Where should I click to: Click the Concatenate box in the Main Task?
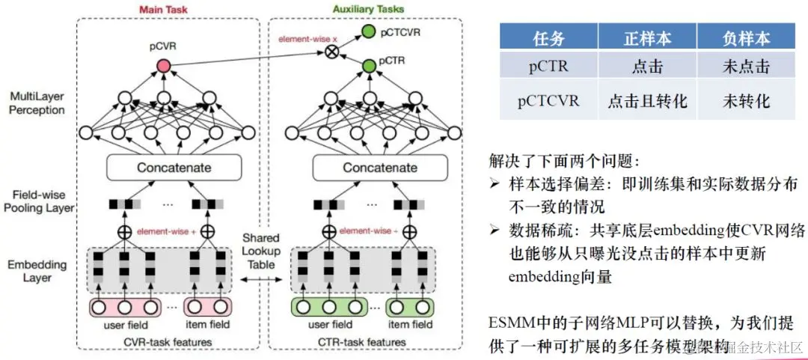tap(173, 168)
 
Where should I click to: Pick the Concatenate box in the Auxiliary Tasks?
tap(380, 168)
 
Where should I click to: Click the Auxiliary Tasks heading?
tap(368, 8)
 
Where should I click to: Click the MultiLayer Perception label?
tap(37, 103)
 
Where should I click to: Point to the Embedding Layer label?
tap(37, 271)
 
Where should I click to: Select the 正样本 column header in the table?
tap(648, 37)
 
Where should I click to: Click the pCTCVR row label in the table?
tap(548, 100)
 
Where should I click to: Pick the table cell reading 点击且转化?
tap(648, 100)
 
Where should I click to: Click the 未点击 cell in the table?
tap(745, 67)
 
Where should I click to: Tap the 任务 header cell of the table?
tap(548, 37)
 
